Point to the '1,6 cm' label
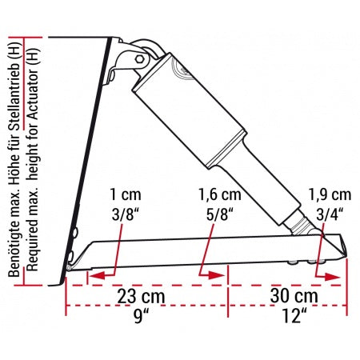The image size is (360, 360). (x=219, y=194)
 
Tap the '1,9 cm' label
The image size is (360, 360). (x=330, y=194)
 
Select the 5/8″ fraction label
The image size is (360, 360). (x=218, y=214)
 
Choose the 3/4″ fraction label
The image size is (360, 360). (x=330, y=214)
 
